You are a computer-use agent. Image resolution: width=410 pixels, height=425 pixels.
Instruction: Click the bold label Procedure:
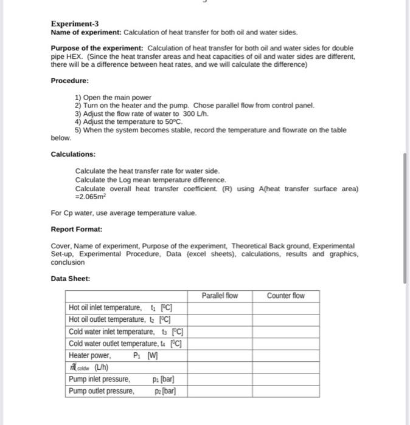point(69,80)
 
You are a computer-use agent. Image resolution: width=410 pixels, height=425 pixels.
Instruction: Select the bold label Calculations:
point(73,154)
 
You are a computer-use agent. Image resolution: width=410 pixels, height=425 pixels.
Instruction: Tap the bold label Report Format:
point(77,229)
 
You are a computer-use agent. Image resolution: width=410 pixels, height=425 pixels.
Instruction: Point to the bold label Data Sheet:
point(71,278)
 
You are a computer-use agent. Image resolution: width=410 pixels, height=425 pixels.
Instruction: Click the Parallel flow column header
point(219,296)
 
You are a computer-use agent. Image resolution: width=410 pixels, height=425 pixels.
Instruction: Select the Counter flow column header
point(286,296)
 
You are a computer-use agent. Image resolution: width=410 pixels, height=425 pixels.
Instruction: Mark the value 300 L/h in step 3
point(195,113)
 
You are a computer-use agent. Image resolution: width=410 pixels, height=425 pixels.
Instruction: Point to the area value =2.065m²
point(91,197)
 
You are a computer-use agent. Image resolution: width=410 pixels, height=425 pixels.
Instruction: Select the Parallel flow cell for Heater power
point(219,355)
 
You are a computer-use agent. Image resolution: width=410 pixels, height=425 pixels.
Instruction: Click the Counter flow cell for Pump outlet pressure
point(286,391)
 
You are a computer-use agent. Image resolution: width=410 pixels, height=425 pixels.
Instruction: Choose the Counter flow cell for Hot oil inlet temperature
point(286,307)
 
